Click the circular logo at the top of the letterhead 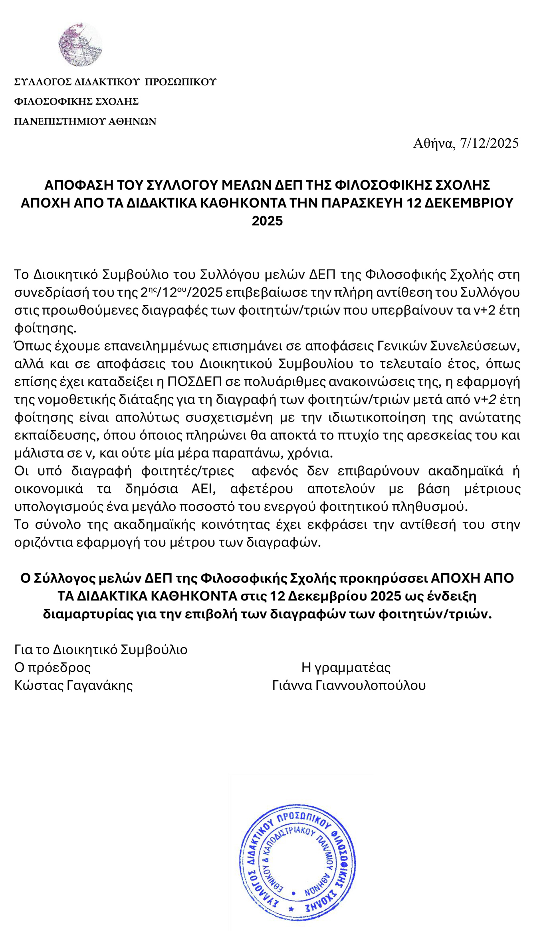point(80,44)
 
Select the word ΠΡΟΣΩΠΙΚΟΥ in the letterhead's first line point(180,82)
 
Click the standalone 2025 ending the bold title point(267,221)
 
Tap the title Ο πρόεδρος point(52,668)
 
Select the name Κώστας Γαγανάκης point(73,685)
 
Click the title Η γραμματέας point(346,668)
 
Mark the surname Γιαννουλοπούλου point(371,685)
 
